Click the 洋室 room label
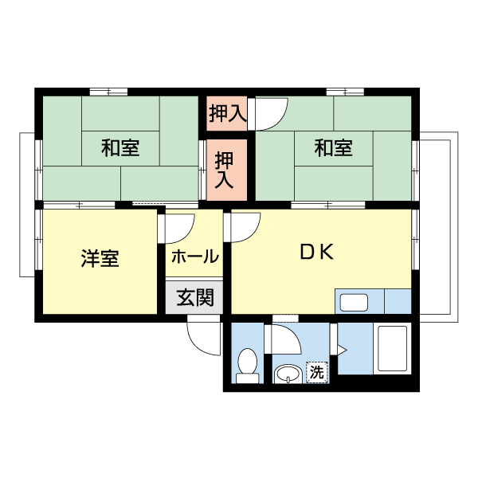click(x=100, y=259)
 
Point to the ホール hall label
click(x=194, y=257)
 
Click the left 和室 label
click(x=120, y=147)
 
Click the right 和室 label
click(x=332, y=147)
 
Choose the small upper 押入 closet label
click(x=227, y=114)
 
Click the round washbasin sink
click(x=287, y=374)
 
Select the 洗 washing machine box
click(x=317, y=372)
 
